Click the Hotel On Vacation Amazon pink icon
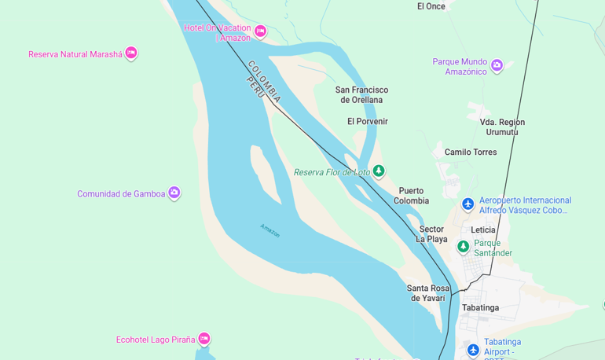point(260,31)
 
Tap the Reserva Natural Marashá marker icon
point(131,53)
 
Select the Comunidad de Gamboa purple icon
point(174,193)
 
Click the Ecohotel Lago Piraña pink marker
point(204,339)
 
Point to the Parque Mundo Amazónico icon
point(497,66)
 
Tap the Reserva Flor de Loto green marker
point(379,171)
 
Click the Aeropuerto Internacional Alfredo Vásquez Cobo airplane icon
point(467,204)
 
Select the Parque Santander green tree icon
point(464,247)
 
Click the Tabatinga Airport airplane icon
point(472,350)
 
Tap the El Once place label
point(431,6)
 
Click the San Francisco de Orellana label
point(361,95)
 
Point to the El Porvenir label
point(368,121)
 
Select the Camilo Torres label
point(471,152)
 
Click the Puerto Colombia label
point(411,196)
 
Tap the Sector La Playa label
point(431,234)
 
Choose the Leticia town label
point(482,230)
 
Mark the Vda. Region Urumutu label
point(502,127)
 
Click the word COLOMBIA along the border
point(264,82)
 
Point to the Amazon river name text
point(269,230)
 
